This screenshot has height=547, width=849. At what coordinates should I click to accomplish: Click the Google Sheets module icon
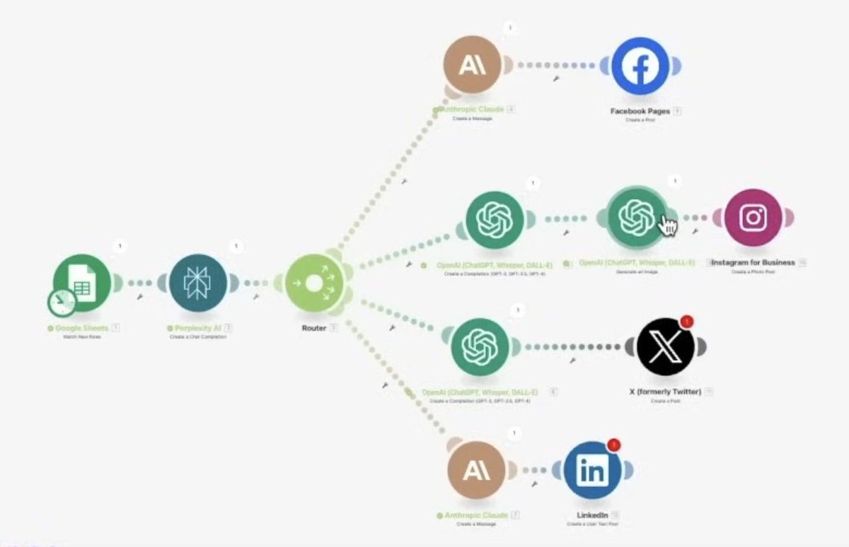[82, 282]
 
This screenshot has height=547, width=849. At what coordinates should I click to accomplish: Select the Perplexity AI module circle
[198, 283]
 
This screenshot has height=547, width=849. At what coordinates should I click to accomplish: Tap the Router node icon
[313, 283]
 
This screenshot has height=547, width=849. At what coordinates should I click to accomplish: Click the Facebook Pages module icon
[640, 66]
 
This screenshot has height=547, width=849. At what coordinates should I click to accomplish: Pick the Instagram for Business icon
[753, 218]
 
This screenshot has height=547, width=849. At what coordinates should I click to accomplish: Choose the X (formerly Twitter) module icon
[665, 347]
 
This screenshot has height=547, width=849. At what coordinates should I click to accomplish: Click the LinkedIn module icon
[592, 471]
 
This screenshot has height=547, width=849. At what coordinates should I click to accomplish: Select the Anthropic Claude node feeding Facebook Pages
[473, 66]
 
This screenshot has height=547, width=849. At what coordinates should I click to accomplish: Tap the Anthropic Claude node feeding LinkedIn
[477, 471]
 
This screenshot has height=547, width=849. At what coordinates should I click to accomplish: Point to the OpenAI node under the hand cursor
[636, 216]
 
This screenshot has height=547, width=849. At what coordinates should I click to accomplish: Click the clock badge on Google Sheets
[62, 302]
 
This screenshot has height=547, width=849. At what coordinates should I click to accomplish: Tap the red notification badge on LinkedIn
[614, 445]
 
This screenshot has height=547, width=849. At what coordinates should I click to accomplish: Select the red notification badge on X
[685, 322]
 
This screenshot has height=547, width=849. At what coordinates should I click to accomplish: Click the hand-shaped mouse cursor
[667, 226]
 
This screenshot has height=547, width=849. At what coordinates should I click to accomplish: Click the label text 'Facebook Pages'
[640, 111]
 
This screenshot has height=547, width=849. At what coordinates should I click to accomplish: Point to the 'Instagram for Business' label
[753, 262]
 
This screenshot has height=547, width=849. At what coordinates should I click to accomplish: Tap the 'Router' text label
[314, 328]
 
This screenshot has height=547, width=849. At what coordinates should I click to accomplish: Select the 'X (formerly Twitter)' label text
[665, 392]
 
